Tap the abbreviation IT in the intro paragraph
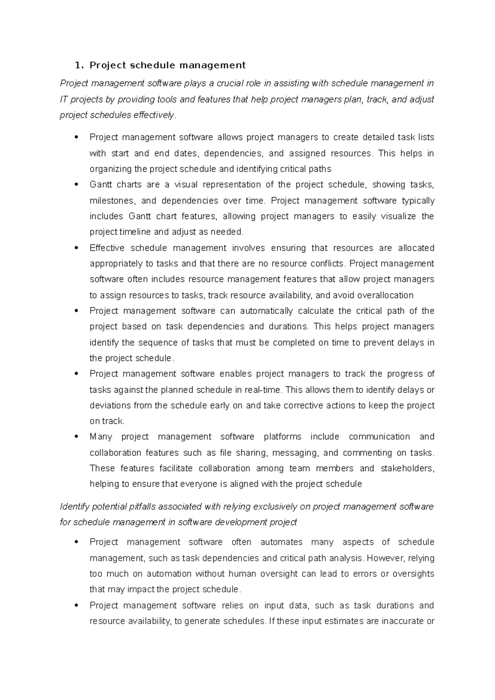pos(64,99)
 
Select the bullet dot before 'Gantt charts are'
pos(76,184)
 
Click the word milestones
pos(112,201)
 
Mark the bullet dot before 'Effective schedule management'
pos(76,248)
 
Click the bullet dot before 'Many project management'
pos(76,437)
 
